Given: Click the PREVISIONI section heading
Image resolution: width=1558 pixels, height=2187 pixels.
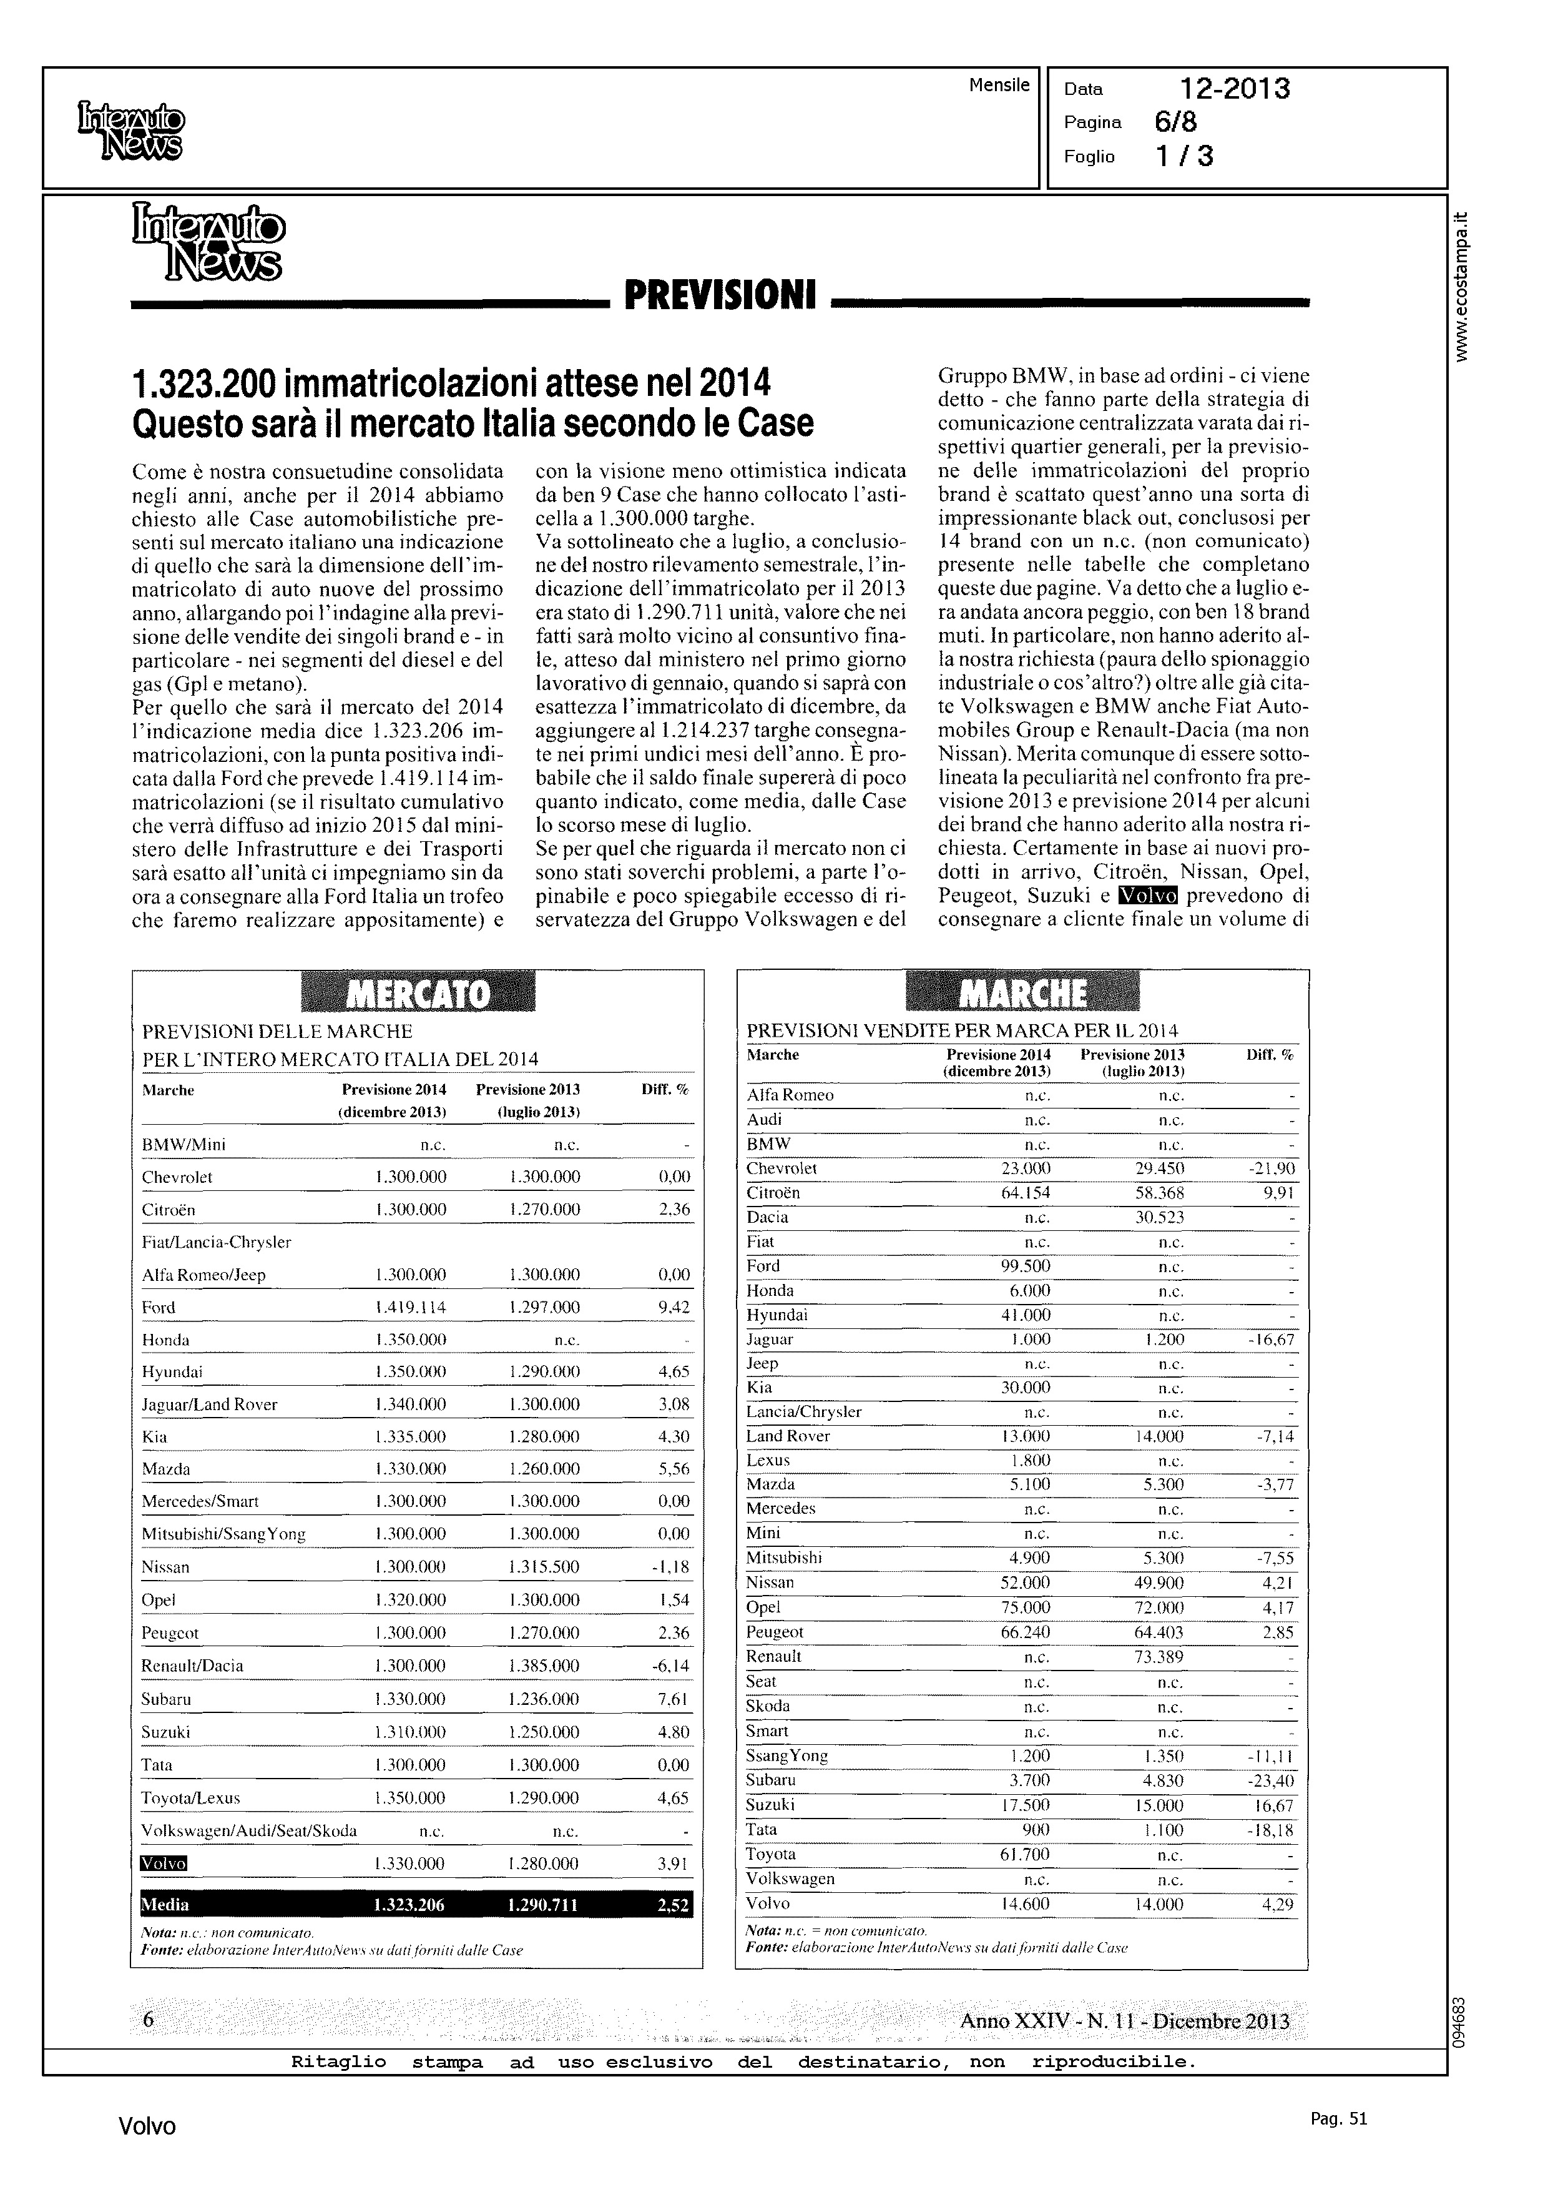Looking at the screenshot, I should [720, 295].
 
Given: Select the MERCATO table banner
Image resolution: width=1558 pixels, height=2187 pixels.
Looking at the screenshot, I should [418, 993].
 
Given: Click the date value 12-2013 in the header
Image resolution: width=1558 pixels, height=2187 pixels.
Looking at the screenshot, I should [1235, 89].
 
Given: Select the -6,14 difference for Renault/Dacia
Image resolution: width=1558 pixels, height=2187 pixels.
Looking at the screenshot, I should [670, 1666].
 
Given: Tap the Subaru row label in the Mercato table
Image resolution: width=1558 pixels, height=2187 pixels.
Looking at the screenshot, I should [166, 1699].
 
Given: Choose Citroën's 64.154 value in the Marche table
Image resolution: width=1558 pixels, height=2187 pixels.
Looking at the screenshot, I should [1024, 1193].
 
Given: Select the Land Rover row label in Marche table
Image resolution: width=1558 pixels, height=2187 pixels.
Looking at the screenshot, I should [788, 1436].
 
